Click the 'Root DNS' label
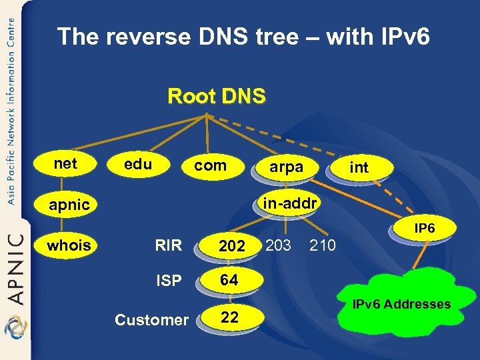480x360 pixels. (217, 96)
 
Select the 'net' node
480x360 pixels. (65, 163)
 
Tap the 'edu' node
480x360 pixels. (138, 164)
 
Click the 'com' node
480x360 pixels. (211, 165)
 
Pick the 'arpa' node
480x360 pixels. (286, 168)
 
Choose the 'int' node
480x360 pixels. (359, 168)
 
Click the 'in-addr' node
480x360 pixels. (289, 202)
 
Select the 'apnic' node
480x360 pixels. (69, 205)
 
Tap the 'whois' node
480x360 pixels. (69, 245)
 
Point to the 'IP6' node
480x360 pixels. (425, 229)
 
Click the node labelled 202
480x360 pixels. (232, 246)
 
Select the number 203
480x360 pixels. (278, 245)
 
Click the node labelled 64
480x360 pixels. (229, 281)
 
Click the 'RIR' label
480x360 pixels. (168, 245)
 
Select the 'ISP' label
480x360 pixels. (168, 281)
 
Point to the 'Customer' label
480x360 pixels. (151, 320)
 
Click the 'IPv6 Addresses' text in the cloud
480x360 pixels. (401, 305)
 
